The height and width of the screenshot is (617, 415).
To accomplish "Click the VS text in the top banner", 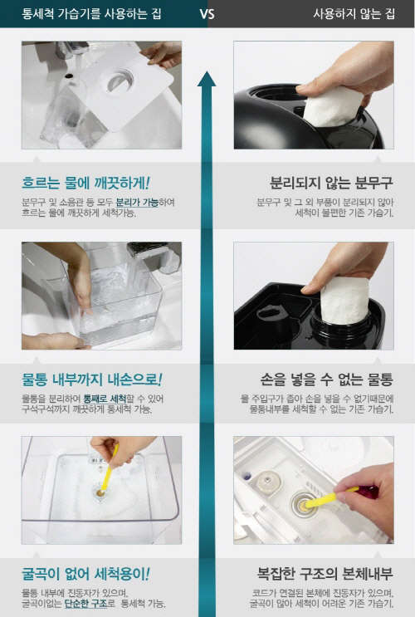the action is pos(207,14).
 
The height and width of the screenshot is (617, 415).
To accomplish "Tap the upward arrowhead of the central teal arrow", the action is pos(207,79).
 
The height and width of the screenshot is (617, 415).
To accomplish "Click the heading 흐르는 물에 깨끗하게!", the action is pos(85,184).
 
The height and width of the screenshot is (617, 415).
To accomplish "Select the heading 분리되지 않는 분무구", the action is pos(331,183).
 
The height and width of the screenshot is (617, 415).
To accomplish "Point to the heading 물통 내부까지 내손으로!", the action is pos(91,380).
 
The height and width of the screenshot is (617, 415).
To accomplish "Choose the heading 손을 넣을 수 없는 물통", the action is pos(326,380).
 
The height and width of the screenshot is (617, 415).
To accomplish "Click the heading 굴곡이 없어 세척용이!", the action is pos(85,574).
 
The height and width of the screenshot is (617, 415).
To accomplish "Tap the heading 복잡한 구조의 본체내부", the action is pos(325,574).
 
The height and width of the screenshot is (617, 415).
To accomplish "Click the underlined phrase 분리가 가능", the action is pos(137,203).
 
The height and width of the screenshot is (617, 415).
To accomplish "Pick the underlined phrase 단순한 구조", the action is pos(85,604).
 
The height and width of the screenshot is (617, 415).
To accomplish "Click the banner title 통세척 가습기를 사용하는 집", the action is pos(91,14).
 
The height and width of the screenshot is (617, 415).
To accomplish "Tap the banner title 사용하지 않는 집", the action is pos(354,14).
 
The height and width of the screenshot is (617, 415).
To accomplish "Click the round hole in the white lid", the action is pos(120,81).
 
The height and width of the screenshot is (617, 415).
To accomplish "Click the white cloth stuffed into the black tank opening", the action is pos(345,300).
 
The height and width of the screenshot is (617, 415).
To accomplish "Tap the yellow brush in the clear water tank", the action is pos(109,468).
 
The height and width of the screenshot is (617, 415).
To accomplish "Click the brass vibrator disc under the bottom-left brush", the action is pos(100,492).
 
